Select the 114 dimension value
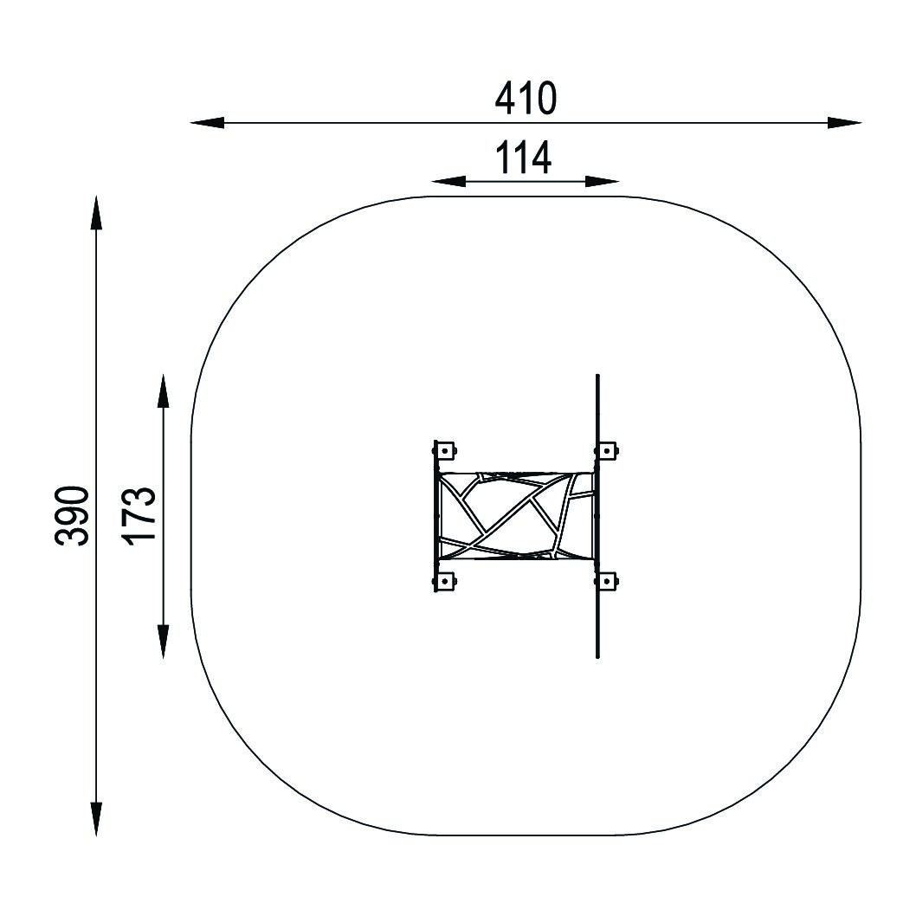(x=524, y=158)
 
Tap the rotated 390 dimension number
(x=73, y=516)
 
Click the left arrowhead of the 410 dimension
(x=208, y=123)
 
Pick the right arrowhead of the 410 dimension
(x=844, y=123)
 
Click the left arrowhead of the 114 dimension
(x=448, y=182)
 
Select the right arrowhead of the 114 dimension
(x=602, y=182)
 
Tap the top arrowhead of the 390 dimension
(x=96, y=213)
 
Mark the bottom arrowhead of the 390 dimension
(x=96, y=819)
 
